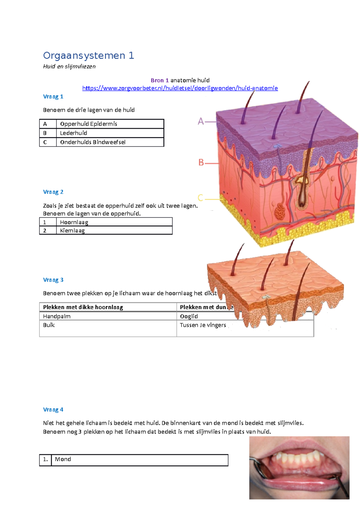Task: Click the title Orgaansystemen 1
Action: click(x=88, y=55)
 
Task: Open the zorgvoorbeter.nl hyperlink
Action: click(x=180, y=88)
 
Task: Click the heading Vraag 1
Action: click(x=53, y=97)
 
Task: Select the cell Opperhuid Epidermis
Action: click(x=88, y=124)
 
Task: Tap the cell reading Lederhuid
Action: click(x=73, y=133)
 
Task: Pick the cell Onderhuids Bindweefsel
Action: click(x=93, y=142)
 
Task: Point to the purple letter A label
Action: click(x=201, y=121)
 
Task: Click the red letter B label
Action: click(x=201, y=162)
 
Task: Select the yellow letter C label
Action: click(x=200, y=198)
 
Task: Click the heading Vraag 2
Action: click(x=53, y=192)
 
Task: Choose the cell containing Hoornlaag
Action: click(x=74, y=222)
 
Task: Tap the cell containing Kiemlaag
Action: click(x=72, y=231)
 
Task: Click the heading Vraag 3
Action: click(x=53, y=280)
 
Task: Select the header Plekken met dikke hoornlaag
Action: click(x=83, y=307)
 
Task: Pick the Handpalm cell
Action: click(x=57, y=316)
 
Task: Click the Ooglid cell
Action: click(x=189, y=316)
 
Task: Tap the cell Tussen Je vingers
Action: click(x=203, y=325)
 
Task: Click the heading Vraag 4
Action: click(x=53, y=409)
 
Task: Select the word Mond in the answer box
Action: click(x=63, y=459)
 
